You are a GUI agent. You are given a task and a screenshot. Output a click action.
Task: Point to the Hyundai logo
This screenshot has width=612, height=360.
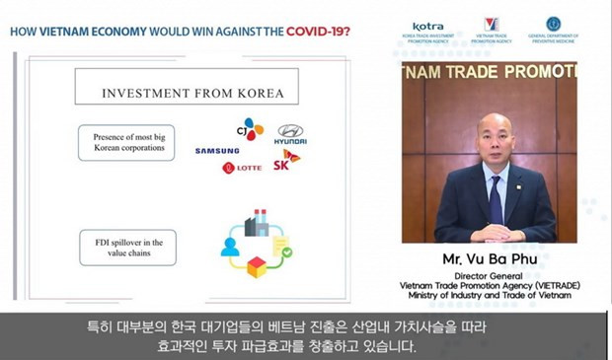tap(290, 135)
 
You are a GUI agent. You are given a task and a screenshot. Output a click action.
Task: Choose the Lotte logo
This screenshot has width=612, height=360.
tap(243, 168)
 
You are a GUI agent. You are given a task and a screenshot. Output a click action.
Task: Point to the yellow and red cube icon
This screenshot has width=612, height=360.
tap(258, 267)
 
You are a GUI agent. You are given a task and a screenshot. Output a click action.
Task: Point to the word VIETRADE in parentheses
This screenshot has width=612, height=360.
tap(553, 286)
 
